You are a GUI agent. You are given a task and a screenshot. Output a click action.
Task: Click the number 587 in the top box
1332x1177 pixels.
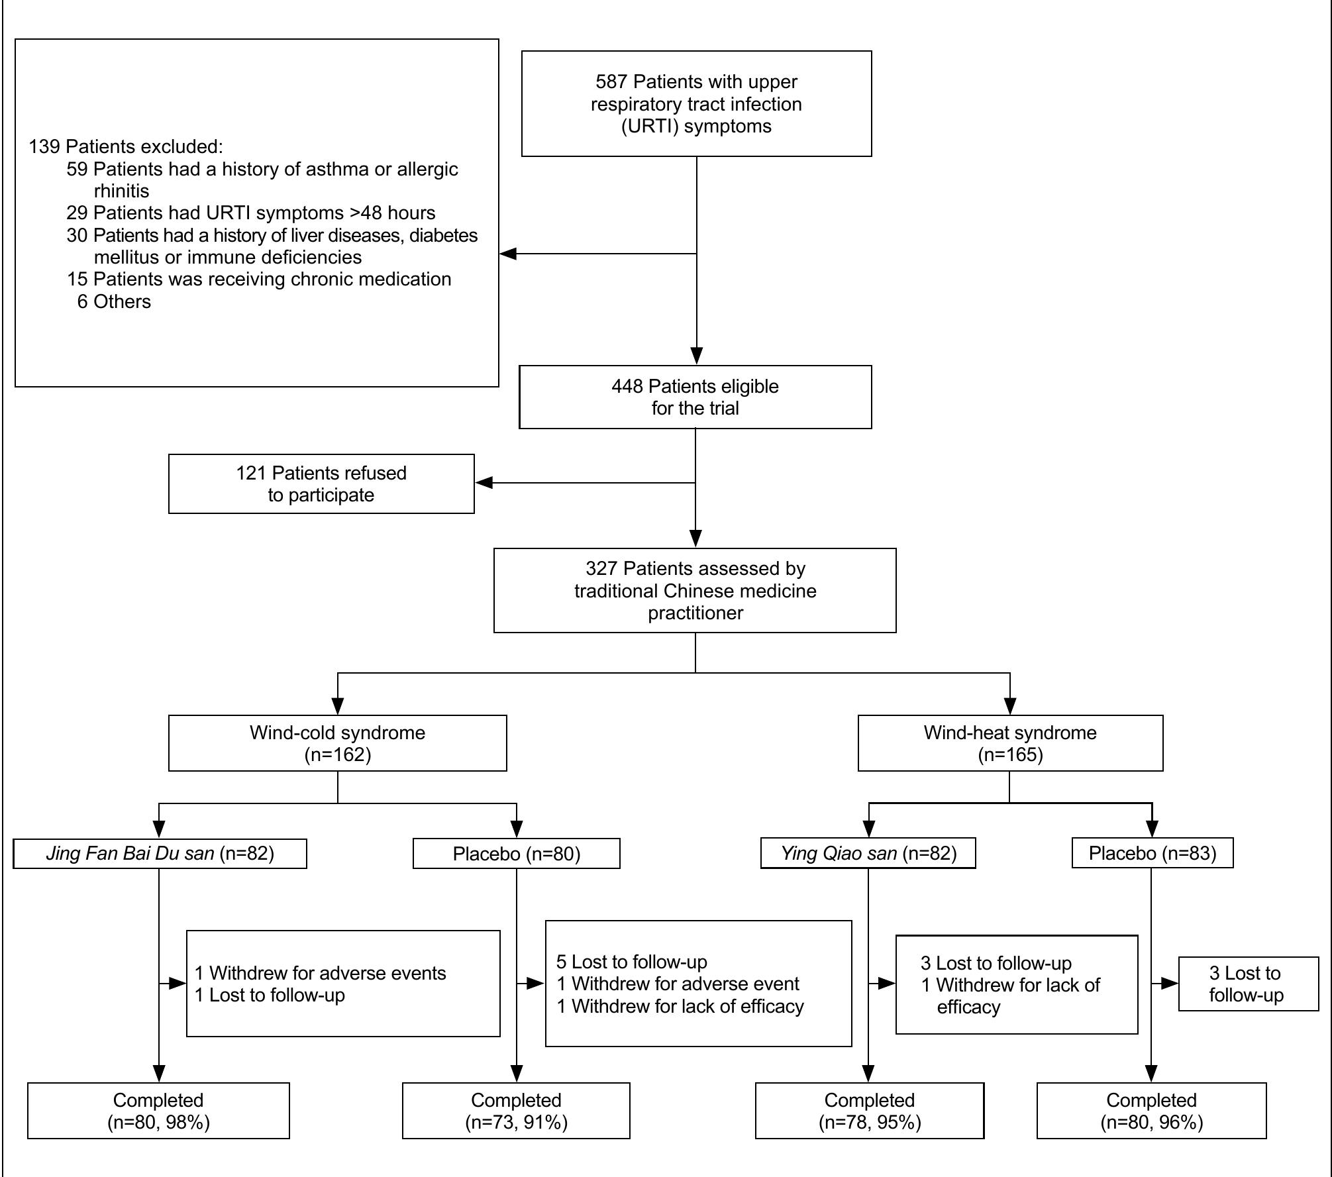(x=611, y=82)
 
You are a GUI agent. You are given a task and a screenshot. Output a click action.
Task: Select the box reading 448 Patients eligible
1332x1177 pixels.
(x=695, y=397)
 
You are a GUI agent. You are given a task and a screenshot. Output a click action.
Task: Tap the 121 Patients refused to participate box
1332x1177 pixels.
(x=321, y=484)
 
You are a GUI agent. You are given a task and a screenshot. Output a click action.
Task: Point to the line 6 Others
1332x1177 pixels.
(x=114, y=301)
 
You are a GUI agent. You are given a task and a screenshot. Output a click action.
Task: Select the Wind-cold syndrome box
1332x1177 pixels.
(x=337, y=742)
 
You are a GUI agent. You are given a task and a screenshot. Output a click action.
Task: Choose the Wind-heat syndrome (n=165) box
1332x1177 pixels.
(x=1009, y=742)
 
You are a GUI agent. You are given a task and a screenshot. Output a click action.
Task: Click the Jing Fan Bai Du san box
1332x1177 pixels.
(x=160, y=853)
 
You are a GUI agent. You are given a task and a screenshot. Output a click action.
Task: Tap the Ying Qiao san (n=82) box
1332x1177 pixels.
(x=868, y=853)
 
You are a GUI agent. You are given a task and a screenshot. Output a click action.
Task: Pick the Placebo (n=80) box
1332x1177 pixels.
(x=516, y=854)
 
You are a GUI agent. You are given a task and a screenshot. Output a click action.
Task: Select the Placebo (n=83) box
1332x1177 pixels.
(x=1152, y=853)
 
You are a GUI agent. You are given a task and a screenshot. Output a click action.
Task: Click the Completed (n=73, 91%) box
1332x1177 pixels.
(x=516, y=1111)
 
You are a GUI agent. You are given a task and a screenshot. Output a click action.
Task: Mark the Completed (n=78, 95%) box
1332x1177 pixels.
(x=869, y=1111)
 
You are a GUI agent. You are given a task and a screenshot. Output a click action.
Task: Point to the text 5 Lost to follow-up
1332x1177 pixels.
(x=631, y=962)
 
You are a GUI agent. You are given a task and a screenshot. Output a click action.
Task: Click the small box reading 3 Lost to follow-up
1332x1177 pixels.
(x=1248, y=984)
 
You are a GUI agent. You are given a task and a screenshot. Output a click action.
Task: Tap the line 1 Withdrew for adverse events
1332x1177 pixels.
(x=320, y=973)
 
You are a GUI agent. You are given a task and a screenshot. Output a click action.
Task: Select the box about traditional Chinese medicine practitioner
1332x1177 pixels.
(x=695, y=590)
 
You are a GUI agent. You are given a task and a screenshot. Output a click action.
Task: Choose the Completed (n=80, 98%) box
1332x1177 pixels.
(x=158, y=1111)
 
